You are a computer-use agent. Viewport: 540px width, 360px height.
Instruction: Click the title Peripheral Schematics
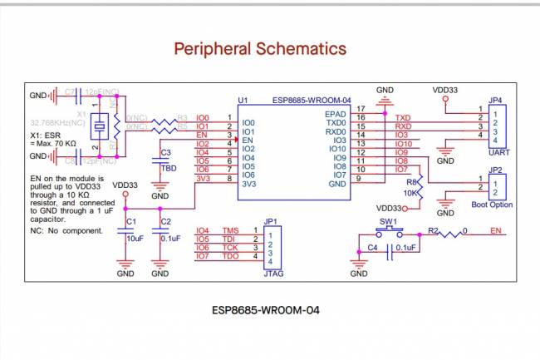pyautogui.click(x=260, y=49)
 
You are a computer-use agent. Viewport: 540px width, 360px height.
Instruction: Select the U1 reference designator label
pyautogui.click(x=243, y=101)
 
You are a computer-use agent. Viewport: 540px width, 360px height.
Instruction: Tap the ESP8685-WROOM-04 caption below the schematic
pyautogui.click(x=265, y=309)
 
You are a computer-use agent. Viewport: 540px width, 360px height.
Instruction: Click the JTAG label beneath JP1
pyautogui.click(x=270, y=272)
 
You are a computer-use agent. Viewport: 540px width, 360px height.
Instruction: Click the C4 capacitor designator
pyautogui.click(x=372, y=247)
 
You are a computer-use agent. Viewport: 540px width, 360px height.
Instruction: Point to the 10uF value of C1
pyautogui.click(x=135, y=238)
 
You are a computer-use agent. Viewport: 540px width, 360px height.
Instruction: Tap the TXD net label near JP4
pyautogui.click(x=403, y=118)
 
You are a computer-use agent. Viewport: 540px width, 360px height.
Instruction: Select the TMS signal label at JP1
pyautogui.click(x=230, y=230)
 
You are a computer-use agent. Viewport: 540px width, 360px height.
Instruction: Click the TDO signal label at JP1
pyautogui.click(x=230, y=256)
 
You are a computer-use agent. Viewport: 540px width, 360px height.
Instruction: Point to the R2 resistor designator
pyautogui.click(x=433, y=229)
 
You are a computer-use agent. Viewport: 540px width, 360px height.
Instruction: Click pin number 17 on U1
pyautogui.click(x=361, y=109)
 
